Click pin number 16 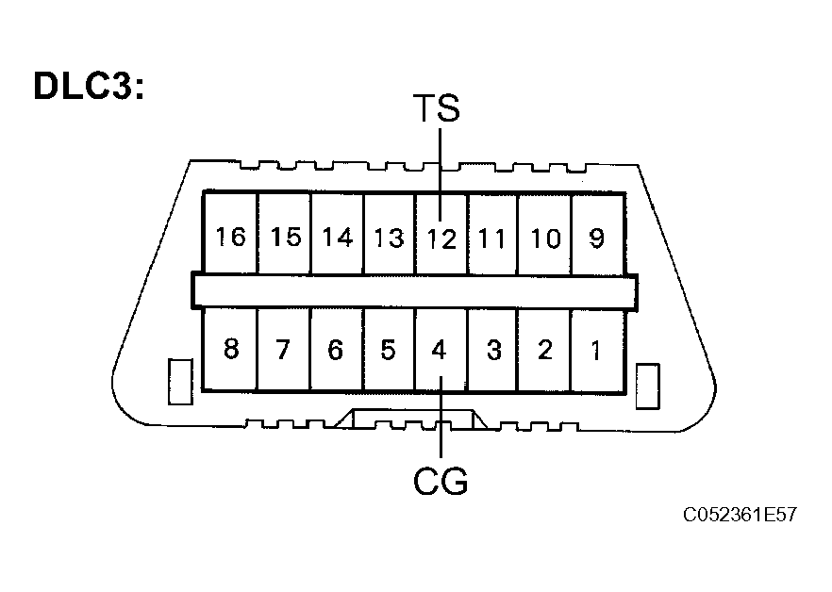point(230,237)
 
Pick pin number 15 point(284,237)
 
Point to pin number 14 point(337,237)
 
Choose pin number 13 point(389,237)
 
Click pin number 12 point(441,238)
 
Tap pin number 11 point(491,238)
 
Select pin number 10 point(544,238)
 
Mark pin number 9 point(596,237)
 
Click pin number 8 point(231,350)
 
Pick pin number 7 point(284,350)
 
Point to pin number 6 point(336,350)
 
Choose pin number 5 point(388,350)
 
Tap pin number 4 point(439,350)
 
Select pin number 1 point(595,350)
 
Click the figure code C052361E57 point(741,516)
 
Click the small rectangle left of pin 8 point(179,382)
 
